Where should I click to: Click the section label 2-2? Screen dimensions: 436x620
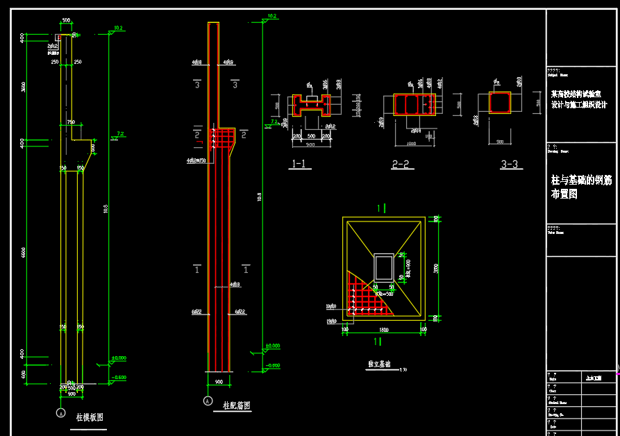point(401,165)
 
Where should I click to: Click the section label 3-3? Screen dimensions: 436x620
point(509,165)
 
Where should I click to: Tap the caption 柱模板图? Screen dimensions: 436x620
point(89,417)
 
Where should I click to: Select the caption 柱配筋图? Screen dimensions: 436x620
point(236,405)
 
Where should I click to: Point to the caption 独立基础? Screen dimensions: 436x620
point(378,363)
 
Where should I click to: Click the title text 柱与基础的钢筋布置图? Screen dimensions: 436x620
point(580,187)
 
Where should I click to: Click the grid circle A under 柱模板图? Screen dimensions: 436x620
point(60,413)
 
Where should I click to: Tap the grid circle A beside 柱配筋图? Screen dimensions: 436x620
point(207,401)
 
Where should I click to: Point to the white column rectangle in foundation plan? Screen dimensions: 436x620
point(383,267)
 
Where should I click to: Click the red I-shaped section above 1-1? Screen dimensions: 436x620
point(310,105)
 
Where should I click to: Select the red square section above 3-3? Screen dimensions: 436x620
point(500,103)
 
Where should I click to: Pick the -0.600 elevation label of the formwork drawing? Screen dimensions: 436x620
point(119,377)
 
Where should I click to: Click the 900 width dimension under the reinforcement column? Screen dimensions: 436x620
point(219,382)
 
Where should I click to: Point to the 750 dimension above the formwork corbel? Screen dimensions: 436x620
point(70,122)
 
